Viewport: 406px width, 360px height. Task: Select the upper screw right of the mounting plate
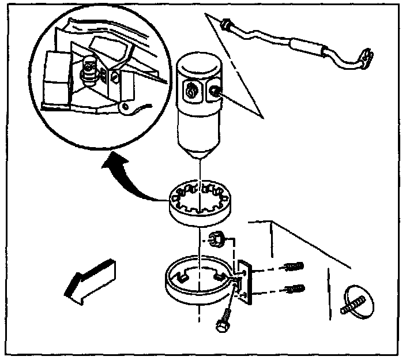point(293,268)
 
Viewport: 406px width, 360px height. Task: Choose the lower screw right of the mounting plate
point(293,288)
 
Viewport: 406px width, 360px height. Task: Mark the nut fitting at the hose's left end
point(225,24)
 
